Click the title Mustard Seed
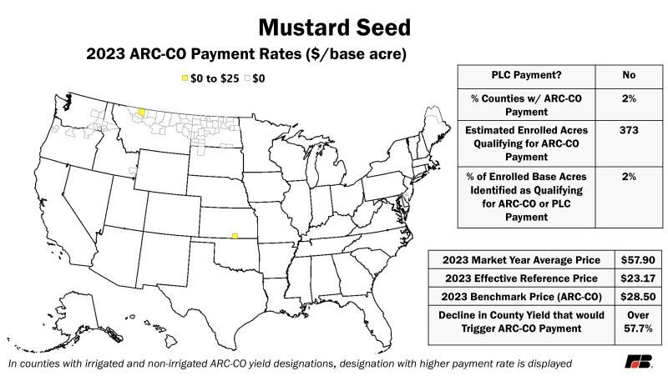pos(334,27)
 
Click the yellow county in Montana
pos(141,111)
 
